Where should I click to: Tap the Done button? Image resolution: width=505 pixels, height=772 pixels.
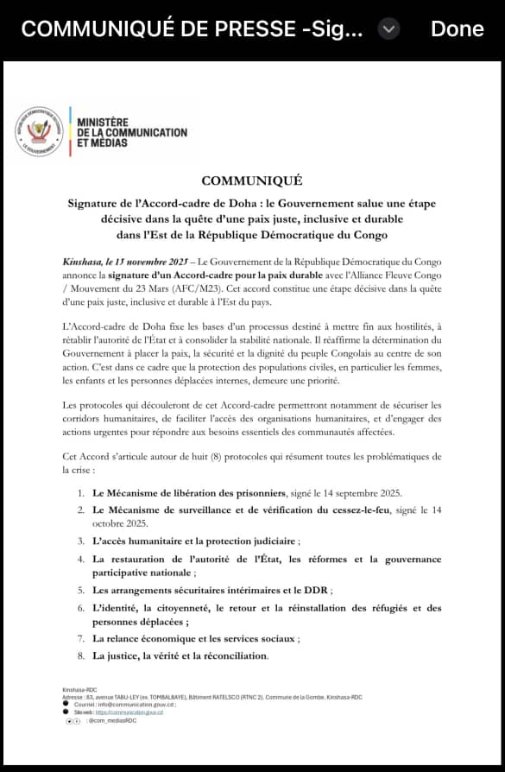[x=457, y=28]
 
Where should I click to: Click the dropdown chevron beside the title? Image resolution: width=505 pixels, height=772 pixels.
[x=389, y=28]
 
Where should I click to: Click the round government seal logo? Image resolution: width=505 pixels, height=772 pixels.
[x=39, y=131]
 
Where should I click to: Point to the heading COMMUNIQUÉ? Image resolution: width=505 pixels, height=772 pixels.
[x=251, y=180]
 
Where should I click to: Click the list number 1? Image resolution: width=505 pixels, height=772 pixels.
[x=79, y=493]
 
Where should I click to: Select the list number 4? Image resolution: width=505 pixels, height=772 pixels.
[x=79, y=560]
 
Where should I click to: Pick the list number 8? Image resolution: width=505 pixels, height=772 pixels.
[x=79, y=656]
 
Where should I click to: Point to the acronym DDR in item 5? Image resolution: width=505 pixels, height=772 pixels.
[x=316, y=591]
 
